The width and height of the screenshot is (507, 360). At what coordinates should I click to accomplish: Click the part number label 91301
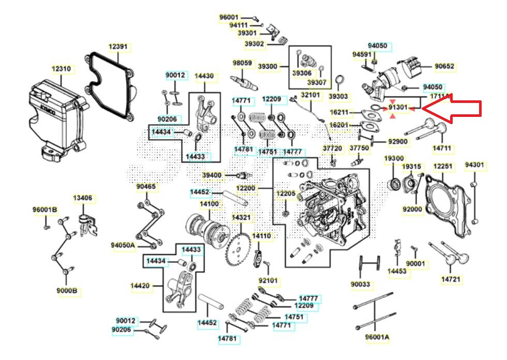tap(398, 107)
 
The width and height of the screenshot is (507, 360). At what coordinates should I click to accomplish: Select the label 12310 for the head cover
tap(61, 69)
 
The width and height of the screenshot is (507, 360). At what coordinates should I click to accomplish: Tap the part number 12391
tap(118, 47)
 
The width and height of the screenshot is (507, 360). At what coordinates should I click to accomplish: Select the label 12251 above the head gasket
tap(443, 167)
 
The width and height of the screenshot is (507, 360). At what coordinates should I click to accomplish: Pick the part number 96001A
tap(377, 337)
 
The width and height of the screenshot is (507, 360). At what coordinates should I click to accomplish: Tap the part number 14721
tap(451, 279)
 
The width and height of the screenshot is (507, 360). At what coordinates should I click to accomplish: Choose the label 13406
tap(83, 198)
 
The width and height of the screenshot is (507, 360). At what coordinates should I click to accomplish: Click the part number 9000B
tap(67, 291)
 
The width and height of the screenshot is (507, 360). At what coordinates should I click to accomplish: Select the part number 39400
tap(212, 175)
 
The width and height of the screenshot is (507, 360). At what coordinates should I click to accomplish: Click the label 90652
tap(444, 66)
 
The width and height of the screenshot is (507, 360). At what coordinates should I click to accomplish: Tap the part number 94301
tap(474, 166)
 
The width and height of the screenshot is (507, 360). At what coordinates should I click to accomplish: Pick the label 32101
tap(311, 95)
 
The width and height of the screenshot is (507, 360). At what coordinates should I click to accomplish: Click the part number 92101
tap(268, 281)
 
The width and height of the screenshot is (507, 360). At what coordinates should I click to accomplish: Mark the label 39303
tap(338, 96)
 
